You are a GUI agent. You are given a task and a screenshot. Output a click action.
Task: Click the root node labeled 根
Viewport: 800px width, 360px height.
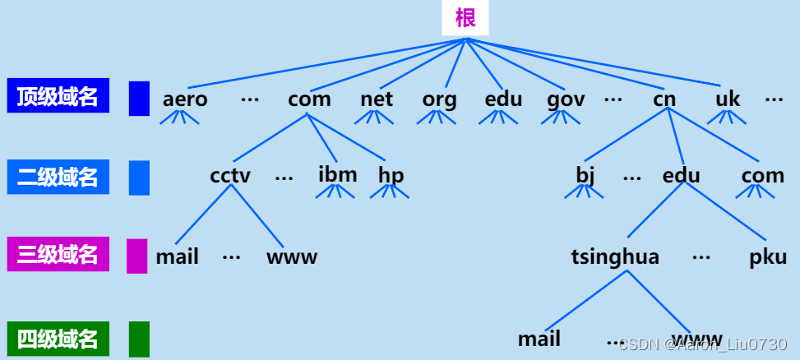coord(465,17)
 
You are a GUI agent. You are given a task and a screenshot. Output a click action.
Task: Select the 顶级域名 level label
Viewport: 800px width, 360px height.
coord(58,96)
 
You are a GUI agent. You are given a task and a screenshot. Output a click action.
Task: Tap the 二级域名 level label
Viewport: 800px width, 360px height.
coord(58,177)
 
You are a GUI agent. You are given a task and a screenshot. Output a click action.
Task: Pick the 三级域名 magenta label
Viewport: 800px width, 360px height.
coord(58,255)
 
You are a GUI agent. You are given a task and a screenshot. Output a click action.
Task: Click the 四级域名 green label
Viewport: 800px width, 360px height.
coord(58,338)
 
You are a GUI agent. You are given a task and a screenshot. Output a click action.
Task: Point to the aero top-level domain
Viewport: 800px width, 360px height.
coord(185,100)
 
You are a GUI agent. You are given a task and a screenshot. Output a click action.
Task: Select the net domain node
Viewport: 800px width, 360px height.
coord(377,100)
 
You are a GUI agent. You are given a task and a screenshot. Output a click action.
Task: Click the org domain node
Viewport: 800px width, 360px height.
coord(439,100)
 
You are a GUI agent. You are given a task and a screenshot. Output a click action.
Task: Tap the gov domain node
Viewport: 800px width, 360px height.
coord(566,100)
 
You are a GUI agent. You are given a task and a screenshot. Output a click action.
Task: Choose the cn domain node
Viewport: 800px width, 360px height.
coord(664,100)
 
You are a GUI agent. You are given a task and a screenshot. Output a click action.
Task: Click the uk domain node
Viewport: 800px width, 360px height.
coord(728,100)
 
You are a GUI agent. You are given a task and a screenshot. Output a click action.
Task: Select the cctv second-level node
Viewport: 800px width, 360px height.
coord(230,176)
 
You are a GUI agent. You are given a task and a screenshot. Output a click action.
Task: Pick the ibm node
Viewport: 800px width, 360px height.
coord(338,175)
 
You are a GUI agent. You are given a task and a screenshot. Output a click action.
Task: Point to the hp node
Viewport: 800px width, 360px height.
coord(391,176)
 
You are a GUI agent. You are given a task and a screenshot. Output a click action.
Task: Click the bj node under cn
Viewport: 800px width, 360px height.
coord(585,176)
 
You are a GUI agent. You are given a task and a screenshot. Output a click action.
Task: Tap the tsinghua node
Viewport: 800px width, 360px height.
coord(615,257)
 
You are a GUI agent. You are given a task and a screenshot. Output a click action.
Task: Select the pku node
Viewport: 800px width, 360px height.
coord(768,257)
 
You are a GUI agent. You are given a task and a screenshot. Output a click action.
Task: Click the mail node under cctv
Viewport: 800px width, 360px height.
coord(178,257)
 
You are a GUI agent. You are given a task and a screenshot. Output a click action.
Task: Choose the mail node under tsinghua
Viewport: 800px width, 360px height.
coord(539,339)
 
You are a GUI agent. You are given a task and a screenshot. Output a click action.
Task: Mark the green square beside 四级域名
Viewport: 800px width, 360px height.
coord(139,338)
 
